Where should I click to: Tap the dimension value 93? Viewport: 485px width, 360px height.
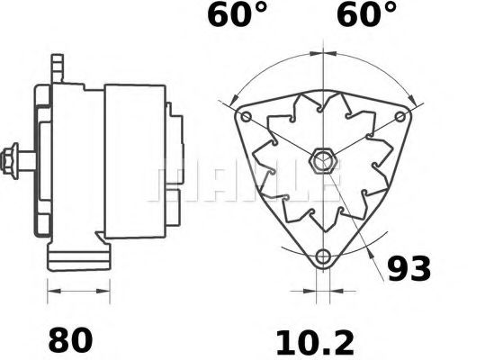[409, 267]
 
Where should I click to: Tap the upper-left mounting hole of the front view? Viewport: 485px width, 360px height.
[246, 117]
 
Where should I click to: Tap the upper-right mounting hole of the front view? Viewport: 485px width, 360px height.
[398, 117]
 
